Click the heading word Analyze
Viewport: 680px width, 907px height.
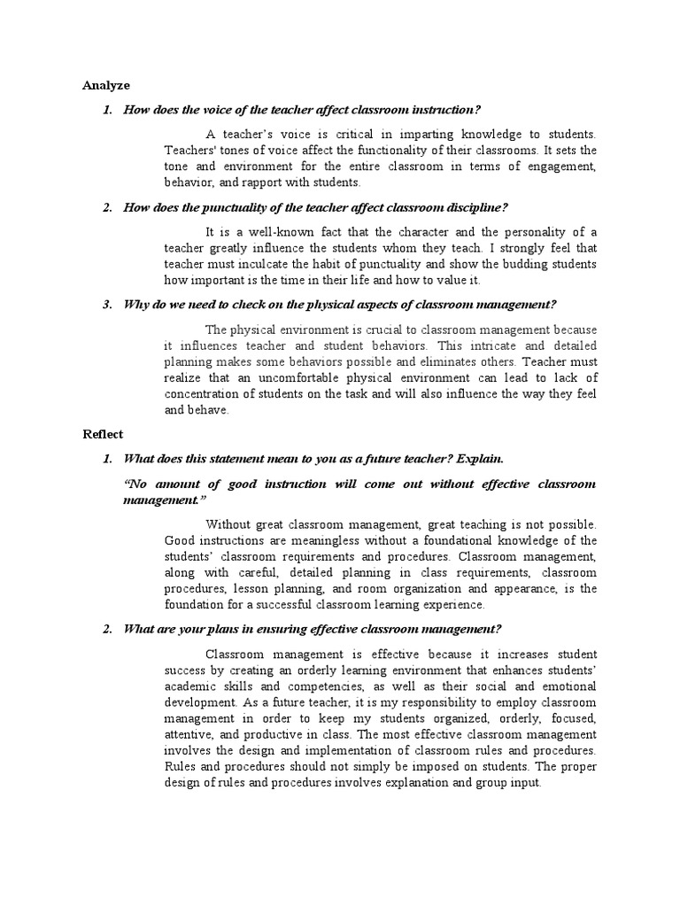coord(106,86)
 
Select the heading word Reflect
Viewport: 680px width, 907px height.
coord(104,434)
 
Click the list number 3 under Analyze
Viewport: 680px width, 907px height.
coord(106,305)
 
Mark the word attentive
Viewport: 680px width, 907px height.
coord(191,734)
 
